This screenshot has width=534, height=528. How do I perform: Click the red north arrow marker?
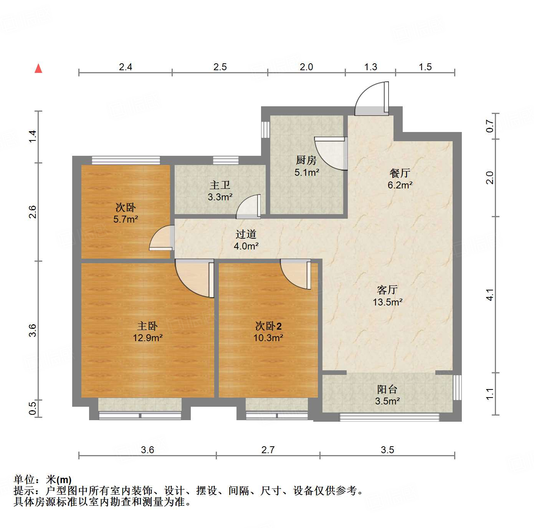38,68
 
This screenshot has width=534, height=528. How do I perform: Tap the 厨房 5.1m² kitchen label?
306,166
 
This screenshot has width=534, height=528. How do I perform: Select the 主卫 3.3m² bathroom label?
220,191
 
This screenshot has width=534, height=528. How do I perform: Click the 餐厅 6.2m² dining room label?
400,179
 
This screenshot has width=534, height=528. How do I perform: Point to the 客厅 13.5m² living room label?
387,295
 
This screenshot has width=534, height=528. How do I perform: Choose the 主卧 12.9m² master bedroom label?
147,332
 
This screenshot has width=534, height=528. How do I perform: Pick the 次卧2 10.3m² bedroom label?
268,332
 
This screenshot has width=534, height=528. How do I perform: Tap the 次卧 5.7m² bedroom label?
126,213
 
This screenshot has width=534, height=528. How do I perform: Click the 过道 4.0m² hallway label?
246,240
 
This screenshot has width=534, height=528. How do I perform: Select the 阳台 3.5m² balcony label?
387,395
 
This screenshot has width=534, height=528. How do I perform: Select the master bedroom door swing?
194,277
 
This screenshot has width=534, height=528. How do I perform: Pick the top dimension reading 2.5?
220,67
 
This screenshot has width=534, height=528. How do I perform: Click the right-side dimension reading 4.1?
490,295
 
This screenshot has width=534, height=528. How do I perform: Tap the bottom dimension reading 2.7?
268,450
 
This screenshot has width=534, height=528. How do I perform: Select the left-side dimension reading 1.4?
33,137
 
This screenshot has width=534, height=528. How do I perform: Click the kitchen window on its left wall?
265,129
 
